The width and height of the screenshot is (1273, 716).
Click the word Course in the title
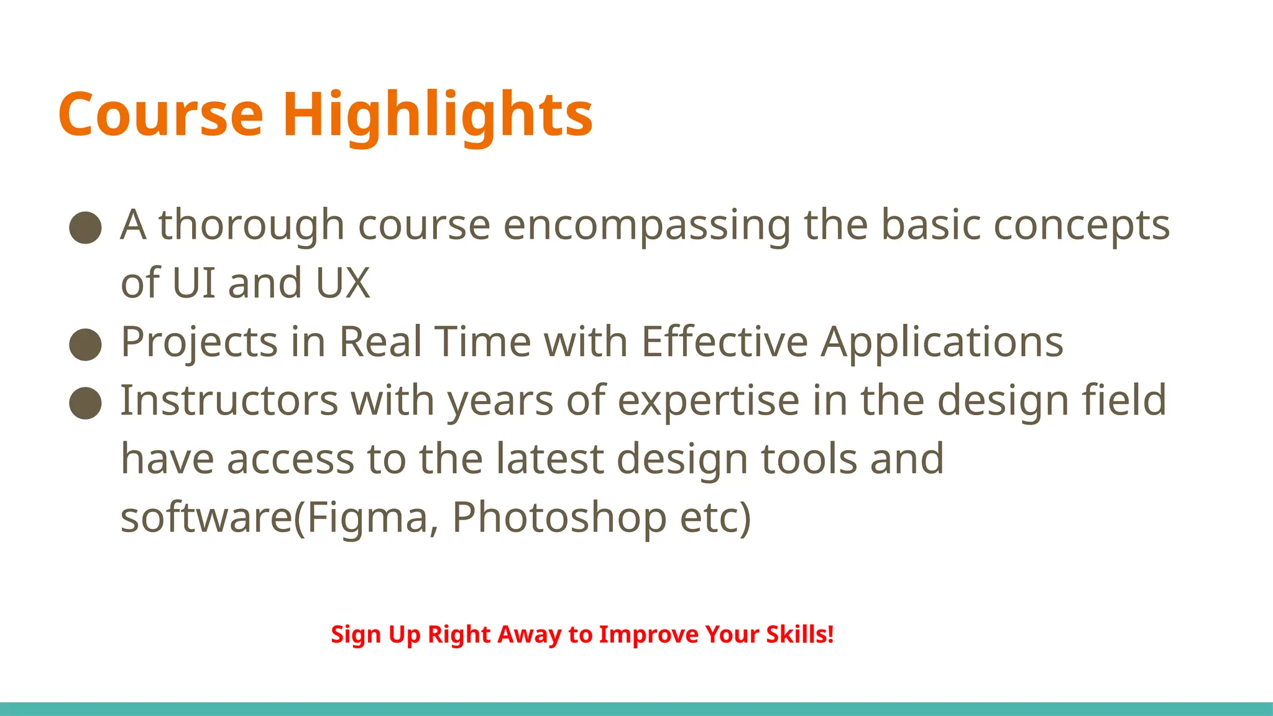pyautogui.click(x=161, y=115)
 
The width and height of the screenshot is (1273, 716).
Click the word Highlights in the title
pyautogui.click(x=438, y=115)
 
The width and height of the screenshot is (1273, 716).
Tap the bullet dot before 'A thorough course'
pyautogui.click(x=85, y=227)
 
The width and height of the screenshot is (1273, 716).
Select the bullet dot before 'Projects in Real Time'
pyautogui.click(x=85, y=344)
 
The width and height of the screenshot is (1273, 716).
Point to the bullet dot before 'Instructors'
pyautogui.click(x=85, y=403)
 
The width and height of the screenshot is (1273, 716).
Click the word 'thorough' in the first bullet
pyautogui.click(x=251, y=225)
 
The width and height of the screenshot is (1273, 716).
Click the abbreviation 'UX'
pyautogui.click(x=342, y=283)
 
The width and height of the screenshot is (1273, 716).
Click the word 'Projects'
pyautogui.click(x=199, y=342)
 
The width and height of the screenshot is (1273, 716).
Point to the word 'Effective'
pyautogui.click(x=724, y=342)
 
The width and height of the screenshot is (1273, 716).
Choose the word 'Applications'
pyautogui.click(x=942, y=342)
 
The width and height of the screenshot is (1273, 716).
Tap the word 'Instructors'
pyautogui.click(x=229, y=401)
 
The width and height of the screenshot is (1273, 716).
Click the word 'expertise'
pyautogui.click(x=709, y=401)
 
